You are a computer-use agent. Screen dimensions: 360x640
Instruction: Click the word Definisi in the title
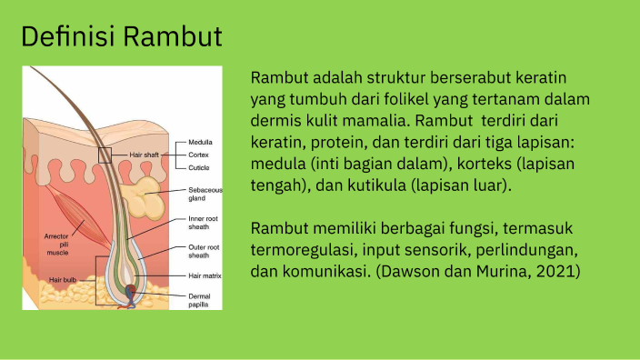tap(67, 37)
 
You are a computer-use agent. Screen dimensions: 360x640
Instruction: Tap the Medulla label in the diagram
tap(201, 143)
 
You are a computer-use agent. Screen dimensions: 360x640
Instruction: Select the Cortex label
tap(199, 155)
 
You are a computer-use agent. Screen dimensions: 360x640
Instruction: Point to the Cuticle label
tap(200, 168)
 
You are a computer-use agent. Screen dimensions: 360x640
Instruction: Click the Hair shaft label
tap(144, 155)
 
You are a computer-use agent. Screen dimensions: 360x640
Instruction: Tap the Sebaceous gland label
tap(204, 194)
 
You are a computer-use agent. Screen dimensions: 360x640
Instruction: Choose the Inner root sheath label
tap(203, 223)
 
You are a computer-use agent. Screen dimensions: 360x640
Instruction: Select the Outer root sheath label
tap(204, 251)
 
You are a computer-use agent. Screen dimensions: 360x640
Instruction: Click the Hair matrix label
tap(205, 275)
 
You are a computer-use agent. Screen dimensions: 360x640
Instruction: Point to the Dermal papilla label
tap(200, 301)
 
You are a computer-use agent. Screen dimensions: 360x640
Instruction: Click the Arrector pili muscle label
tap(56, 244)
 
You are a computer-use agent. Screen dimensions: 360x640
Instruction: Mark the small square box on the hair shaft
tap(105, 155)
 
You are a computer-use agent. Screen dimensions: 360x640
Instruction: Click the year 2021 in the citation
tap(558, 272)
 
